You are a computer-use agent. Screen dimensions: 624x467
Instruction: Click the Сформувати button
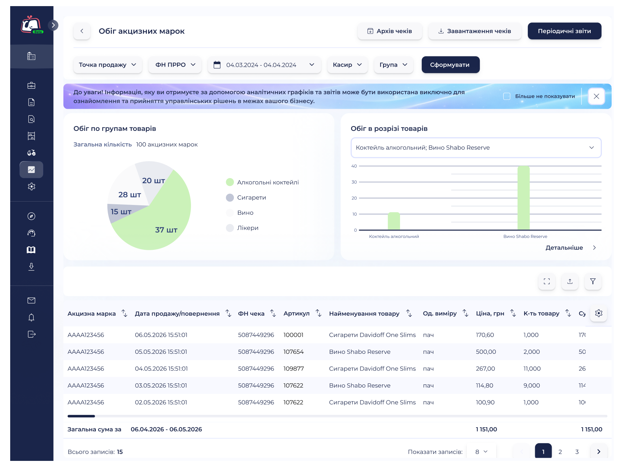(450, 65)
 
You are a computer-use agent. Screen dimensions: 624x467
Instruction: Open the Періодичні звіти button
(564, 31)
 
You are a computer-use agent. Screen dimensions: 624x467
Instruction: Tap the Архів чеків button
(390, 31)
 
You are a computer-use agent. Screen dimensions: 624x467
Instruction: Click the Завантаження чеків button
(475, 31)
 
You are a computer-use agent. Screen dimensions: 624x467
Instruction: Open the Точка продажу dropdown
(108, 65)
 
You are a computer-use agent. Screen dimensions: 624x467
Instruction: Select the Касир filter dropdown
(347, 65)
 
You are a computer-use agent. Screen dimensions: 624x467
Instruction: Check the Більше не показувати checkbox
(507, 96)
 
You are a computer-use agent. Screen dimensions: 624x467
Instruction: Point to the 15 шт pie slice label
(121, 212)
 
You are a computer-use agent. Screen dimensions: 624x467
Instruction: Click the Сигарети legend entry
(246, 197)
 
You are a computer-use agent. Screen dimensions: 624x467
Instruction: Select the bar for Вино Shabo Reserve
(523, 198)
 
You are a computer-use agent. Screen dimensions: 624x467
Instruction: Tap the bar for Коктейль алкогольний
(394, 221)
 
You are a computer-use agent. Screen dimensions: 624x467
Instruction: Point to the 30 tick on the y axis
(354, 182)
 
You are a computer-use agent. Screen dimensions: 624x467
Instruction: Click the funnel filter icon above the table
(593, 281)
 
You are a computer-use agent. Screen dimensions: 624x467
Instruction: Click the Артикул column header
(296, 313)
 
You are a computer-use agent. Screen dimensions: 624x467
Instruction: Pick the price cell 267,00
(485, 369)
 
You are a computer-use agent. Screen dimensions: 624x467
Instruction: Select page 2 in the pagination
(560, 452)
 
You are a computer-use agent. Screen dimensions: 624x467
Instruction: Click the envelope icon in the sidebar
(31, 300)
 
